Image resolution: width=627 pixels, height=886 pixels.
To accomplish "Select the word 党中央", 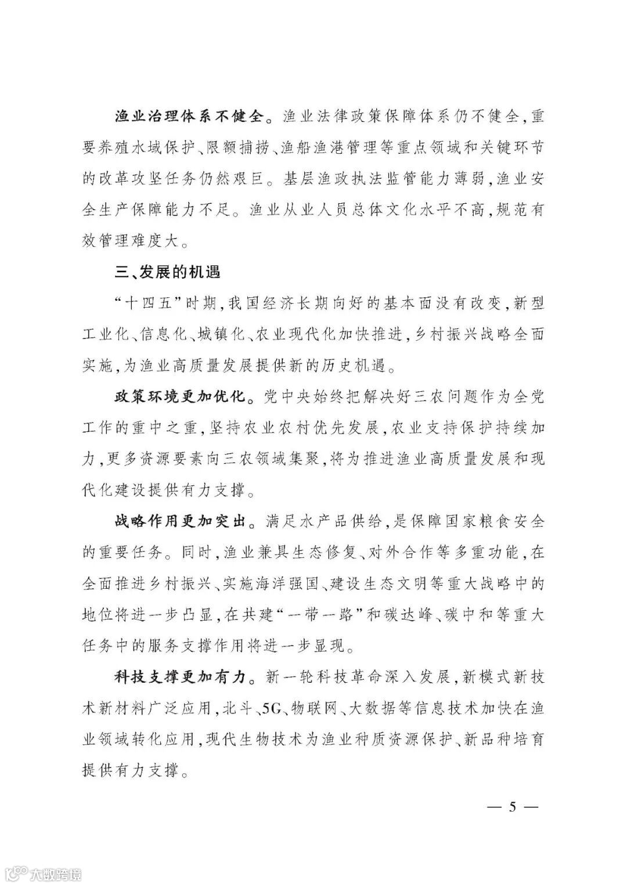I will tap(293, 398).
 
